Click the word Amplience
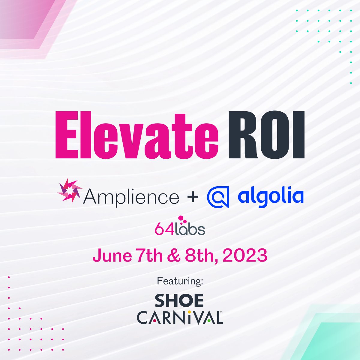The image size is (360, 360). pos(131,197)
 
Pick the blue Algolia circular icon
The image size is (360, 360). pos(218,197)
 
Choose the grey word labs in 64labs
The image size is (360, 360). pos(190,229)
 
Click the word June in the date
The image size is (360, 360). pos(112,256)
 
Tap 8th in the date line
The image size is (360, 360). pos(198,256)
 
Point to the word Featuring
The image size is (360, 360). pos(180,281)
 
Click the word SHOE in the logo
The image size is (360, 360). pos(179,301)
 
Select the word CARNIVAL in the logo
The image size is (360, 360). pos(179,317)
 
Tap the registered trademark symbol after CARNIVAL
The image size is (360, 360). pos(221,312)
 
